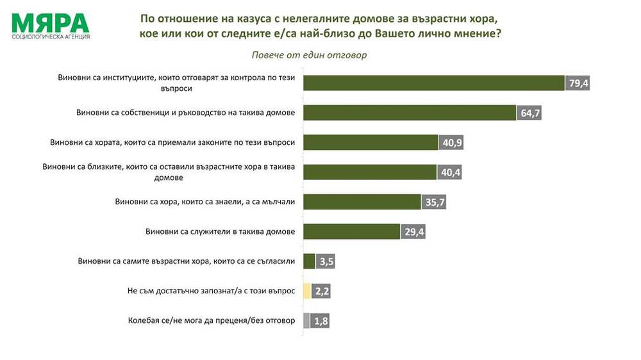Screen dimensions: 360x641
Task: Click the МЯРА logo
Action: click(50, 23)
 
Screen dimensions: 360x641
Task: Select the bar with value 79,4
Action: click(433, 83)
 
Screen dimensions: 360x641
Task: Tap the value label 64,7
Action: click(529, 113)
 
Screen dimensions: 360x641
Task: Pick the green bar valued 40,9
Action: click(370, 142)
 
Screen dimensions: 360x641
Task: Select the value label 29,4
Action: click(413, 232)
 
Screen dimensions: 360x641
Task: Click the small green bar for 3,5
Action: click(309, 261)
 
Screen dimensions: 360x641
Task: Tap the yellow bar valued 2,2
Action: click(307, 291)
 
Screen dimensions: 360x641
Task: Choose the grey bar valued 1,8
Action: click(306, 321)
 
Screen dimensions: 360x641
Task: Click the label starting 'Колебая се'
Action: click(212, 321)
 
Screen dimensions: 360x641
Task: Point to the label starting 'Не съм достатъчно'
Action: click(212, 291)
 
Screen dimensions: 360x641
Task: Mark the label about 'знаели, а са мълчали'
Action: click(204, 202)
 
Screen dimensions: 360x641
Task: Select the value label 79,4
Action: click(578, 83)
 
